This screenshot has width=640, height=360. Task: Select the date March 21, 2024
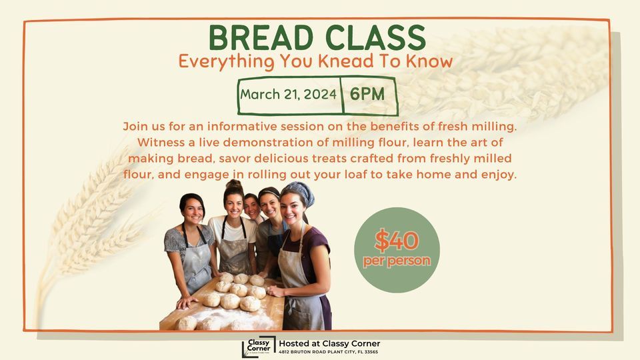[x=288, y=94]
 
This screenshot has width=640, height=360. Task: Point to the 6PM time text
[x=367, y=94]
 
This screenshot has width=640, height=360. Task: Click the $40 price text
[x=396, y=240]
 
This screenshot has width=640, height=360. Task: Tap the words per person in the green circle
[x=397, y=261]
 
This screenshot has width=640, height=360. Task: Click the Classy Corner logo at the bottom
[x=257, y=347]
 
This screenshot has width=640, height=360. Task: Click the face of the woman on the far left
[x=193, y=211]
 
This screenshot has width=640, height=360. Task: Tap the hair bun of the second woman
[x=233, y=184]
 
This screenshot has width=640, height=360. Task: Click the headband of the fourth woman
[x=269, y=192]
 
